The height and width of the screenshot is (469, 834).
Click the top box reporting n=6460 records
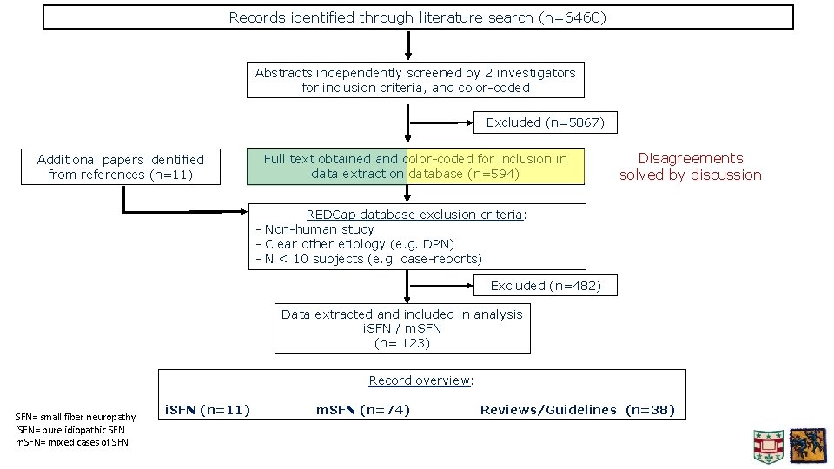click(418, 17)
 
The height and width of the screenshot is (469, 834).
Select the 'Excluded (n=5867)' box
click(545, 122)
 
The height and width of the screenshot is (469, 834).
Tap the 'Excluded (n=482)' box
click(546, 285)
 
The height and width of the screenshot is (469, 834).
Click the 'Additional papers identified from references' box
click(121, 167)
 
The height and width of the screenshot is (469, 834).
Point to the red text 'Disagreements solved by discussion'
click(690, 166)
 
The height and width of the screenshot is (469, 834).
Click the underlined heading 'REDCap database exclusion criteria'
click(415, 215)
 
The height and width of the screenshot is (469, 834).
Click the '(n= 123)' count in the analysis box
click(402, 343)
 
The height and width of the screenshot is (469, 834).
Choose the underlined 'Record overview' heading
click(421, 380)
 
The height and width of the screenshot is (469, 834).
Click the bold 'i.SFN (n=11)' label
click(208, 410)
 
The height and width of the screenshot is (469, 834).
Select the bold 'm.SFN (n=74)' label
click(362, 410)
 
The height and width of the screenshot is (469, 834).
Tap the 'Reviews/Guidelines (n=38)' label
click(577, 410)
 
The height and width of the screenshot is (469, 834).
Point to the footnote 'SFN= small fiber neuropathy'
click(76, 417)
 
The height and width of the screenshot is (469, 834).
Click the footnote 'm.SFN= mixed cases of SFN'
click(72, 442)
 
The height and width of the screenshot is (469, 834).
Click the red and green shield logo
click(768, 446)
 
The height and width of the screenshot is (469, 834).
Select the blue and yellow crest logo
click(807, 446)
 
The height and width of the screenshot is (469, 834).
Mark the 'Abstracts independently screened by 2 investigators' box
click(415, 80)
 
